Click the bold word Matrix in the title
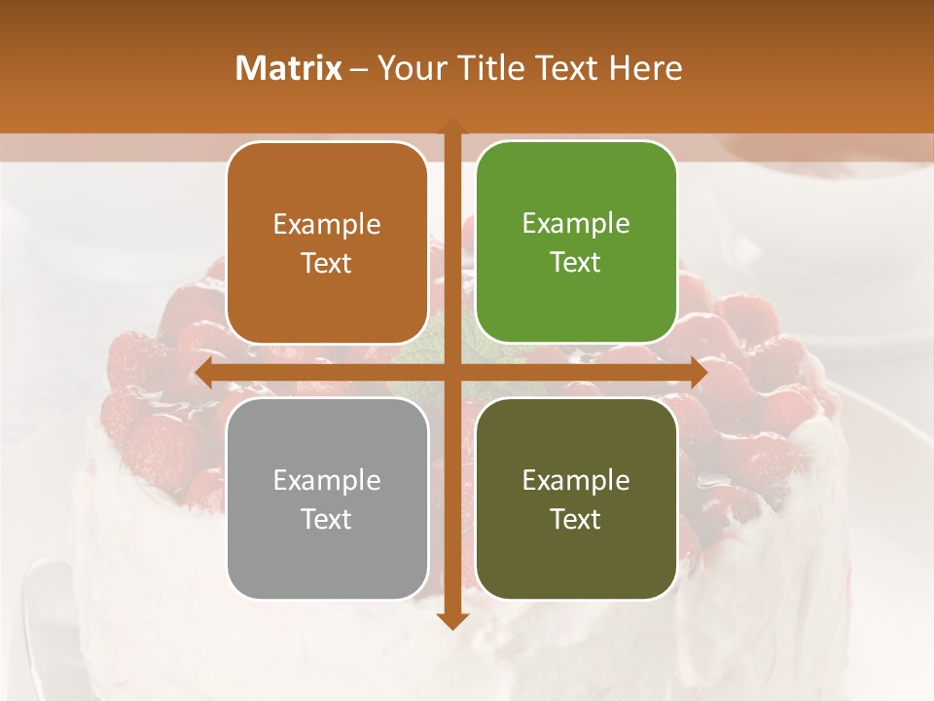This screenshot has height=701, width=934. point(289,68)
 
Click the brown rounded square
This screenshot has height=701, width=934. point(327,243)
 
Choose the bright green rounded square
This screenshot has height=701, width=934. point(576,242)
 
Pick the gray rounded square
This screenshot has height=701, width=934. point(327,498)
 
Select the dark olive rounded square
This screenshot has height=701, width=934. point(576,498)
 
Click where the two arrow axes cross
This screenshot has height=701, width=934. point(451,372)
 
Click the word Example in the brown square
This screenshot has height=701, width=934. point(327,225)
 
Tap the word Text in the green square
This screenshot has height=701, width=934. point(576,263)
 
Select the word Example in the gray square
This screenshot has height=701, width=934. point(327,480)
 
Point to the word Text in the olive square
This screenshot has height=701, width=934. point(576,519)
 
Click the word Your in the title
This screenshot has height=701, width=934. point(408,68)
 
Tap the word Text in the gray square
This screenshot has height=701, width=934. point(327,519)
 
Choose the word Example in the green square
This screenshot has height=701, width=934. point(576,224)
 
